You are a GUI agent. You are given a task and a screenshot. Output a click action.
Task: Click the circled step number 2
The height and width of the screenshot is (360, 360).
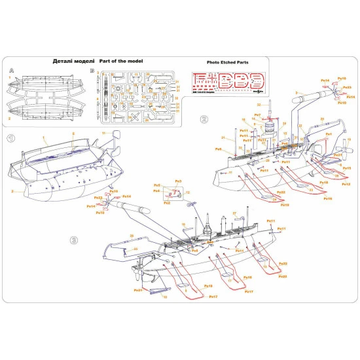click(204, 120)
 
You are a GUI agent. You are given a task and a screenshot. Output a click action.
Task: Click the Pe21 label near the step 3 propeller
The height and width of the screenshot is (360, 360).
click(137, 290)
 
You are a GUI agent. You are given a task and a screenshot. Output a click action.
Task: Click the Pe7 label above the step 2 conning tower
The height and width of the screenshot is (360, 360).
click(258, 115)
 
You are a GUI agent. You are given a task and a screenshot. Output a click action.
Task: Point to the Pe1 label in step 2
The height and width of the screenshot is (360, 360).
click(329, 134)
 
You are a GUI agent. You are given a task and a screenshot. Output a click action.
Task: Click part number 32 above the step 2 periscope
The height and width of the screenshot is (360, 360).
click(258, 105)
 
